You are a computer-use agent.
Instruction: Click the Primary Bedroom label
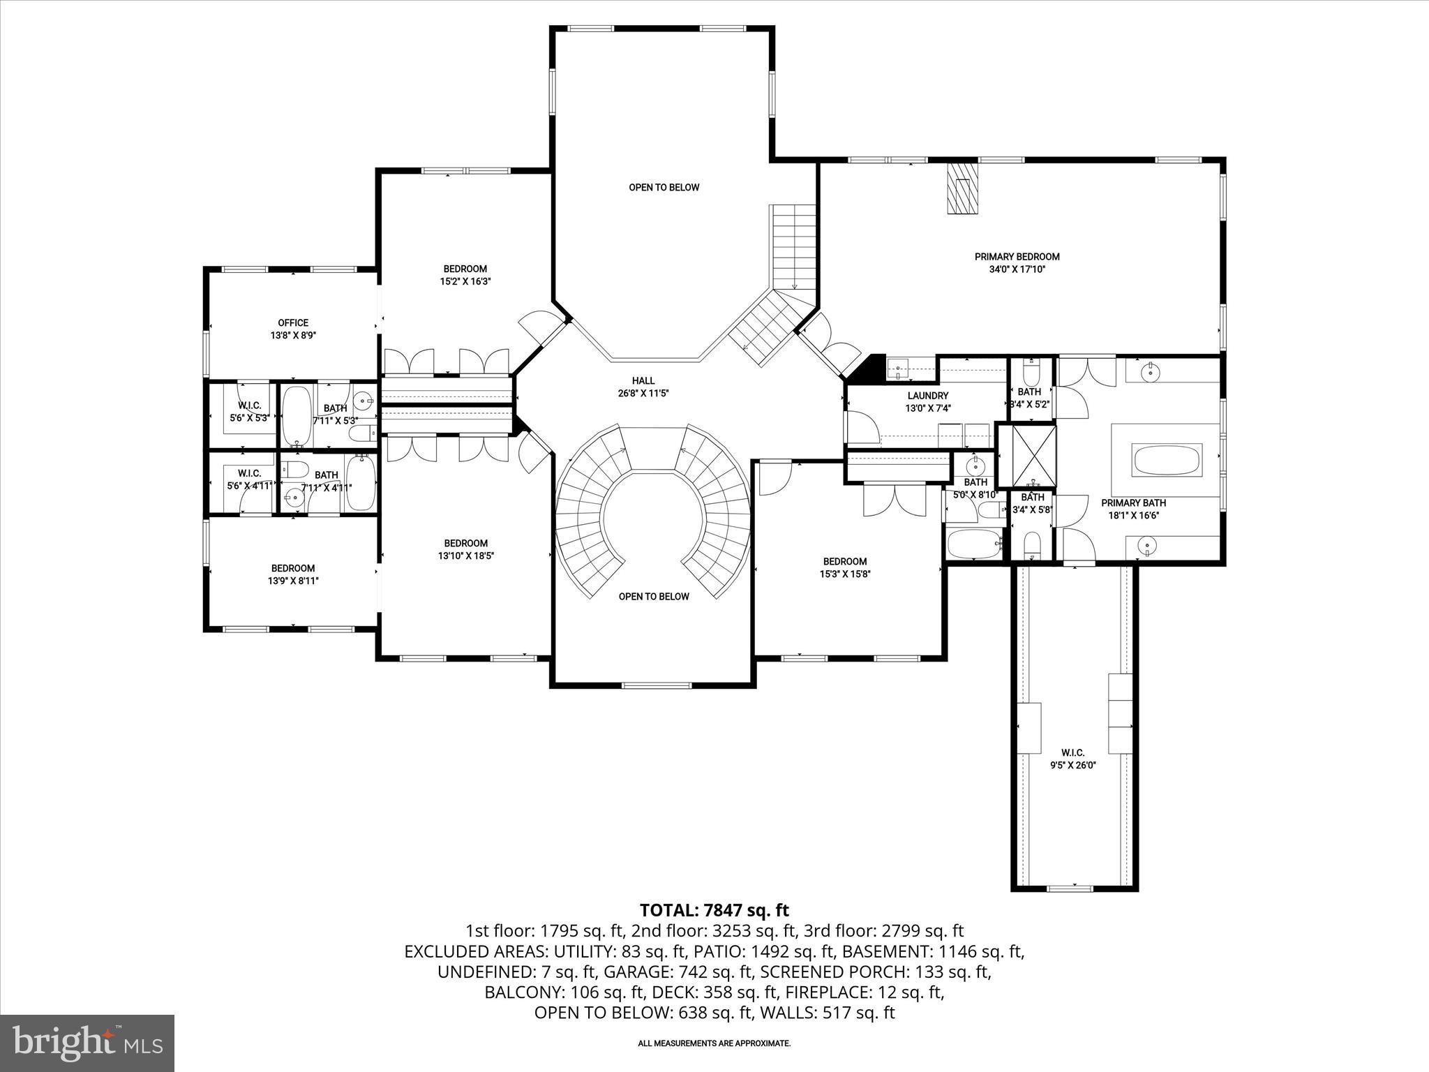(1017, 257)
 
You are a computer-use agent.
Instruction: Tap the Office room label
(293, 323)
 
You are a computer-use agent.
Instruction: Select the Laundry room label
(927, 396)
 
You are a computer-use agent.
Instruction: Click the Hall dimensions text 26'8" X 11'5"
(643, 393)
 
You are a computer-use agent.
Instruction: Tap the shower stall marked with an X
(1025, 454)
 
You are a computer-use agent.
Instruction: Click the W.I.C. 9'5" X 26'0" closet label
(1072, 758)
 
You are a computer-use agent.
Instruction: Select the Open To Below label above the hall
(664, 188)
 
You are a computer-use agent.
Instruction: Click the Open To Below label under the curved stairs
(654, 597)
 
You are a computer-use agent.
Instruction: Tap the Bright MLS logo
(87, 1043)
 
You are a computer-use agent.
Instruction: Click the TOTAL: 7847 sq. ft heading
(714, 910)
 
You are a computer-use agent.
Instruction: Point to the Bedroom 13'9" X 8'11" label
(293, 574)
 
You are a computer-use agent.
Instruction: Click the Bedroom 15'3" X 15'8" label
(845, 567)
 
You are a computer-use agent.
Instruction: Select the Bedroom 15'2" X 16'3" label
(465, 275)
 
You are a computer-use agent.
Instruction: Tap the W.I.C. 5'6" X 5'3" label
(249, 412)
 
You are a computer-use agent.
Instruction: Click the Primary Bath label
(1133, 503)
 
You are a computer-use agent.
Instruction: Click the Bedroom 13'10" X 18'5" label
(465, 549)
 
